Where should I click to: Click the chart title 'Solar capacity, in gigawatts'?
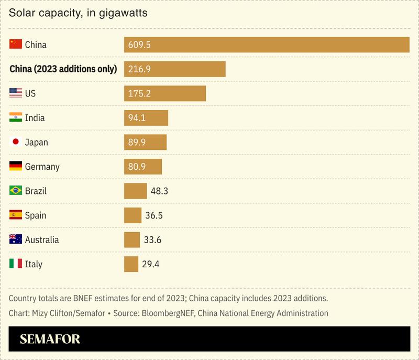coord(78,13)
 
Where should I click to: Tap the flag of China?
coord(16,45)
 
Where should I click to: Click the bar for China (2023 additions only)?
coord(174,69)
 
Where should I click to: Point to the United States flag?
coord(16,93)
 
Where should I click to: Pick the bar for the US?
coord(164,93)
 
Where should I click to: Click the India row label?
coord(35,118)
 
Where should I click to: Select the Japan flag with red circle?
coord(16,142)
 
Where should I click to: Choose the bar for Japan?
coord(145,142)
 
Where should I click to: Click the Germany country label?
coord(42,167)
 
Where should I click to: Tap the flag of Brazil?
coord(16,191)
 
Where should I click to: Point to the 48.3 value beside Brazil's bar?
coord(159,191)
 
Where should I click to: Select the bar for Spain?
coord(133,215)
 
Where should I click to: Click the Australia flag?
coord(16,239)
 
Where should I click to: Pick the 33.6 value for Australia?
coord(152,239)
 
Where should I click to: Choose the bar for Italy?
coord(131,264)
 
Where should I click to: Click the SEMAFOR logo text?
coord(50,340)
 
